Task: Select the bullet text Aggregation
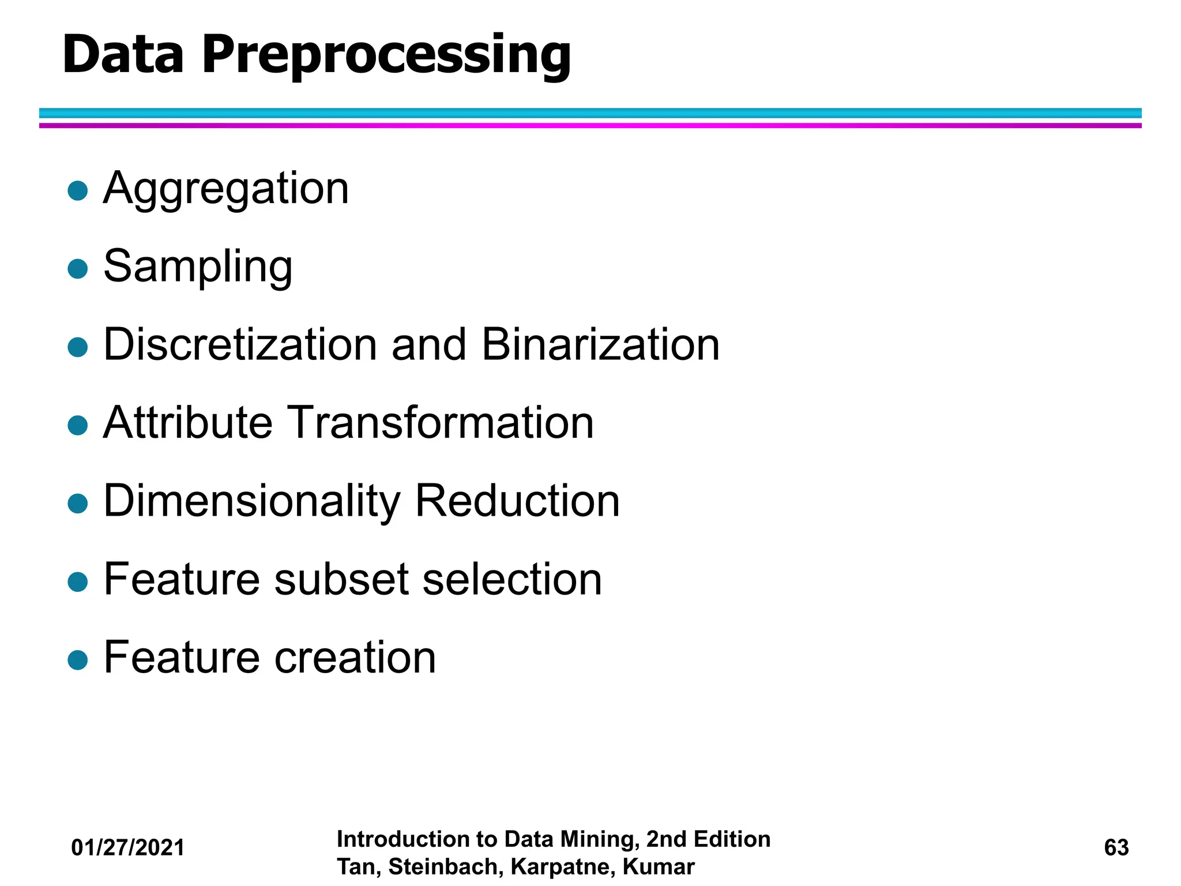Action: (226, 189)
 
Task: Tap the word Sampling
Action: (198, 266)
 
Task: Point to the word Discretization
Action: (239, 344)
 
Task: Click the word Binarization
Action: (600, 344)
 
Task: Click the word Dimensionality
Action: (251, 501)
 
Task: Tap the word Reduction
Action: (517, 501)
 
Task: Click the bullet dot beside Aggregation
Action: (77, 190)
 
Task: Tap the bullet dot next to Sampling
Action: (77, 269)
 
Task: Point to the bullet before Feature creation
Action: (77, 659)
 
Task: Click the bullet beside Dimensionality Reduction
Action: (77, 503)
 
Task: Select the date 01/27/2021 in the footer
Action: (128, 847)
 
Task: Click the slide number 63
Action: (1116, 847)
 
